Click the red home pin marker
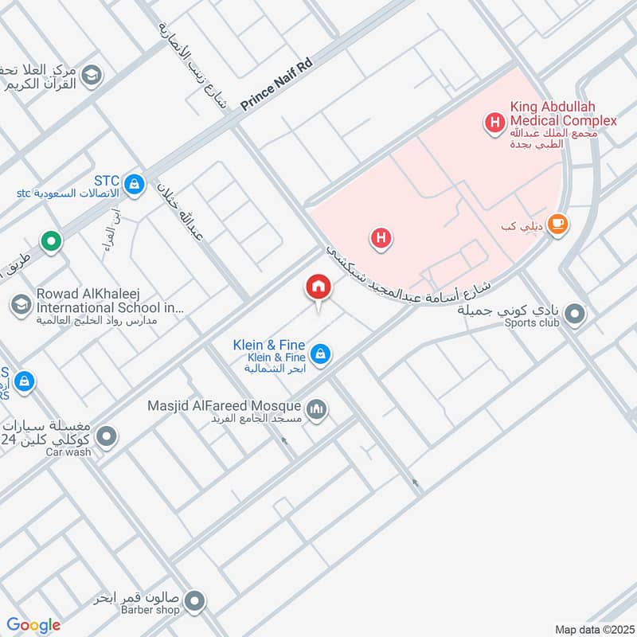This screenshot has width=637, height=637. (x=318, y=287)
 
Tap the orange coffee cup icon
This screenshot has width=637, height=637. (x=558, y=225)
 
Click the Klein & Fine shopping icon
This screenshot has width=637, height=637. (x=320, y=354)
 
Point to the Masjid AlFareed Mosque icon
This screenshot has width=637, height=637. (x=318, y=410)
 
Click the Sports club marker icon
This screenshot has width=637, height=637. (x=576, y=316)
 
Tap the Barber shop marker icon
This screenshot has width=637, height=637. (x=196, y=602)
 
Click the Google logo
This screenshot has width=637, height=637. (x=34, y=625)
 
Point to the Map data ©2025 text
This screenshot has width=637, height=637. (x=592, y=629)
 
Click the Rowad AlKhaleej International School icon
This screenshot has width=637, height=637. (x=20, y=304)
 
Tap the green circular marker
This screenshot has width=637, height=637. (x=52, y=241)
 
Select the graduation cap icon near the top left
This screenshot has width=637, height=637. (x=92, y=74)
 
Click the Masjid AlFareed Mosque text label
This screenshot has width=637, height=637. (x=224, y=406)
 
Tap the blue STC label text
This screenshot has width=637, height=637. (x=105, y=180)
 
